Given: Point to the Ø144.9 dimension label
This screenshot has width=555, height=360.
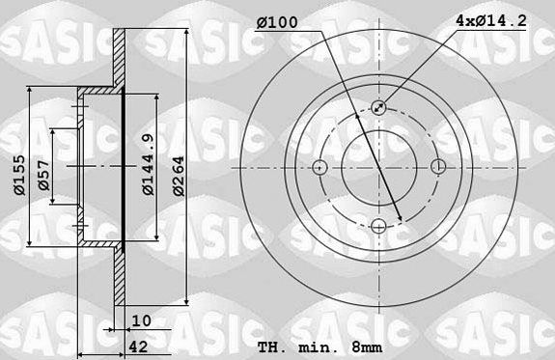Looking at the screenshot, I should pos(148,164).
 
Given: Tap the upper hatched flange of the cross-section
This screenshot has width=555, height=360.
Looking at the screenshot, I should pos(120,58).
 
